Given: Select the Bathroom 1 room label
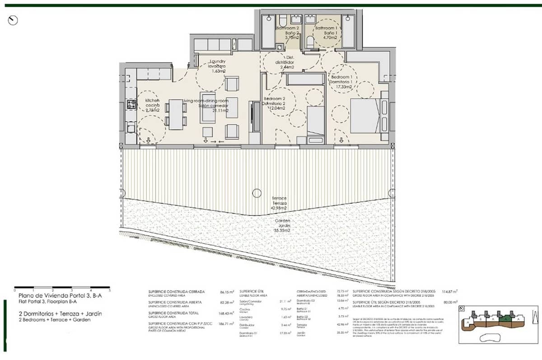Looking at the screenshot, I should [x=326, y=33].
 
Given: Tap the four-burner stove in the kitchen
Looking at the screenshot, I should [x=131, y=104].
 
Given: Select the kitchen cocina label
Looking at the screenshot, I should [x=152, y=105].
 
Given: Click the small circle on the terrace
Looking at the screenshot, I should [x=257, y=193].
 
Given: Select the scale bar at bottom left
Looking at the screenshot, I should [x=62, y=287].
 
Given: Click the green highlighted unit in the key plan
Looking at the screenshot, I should [x=508, y=318].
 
